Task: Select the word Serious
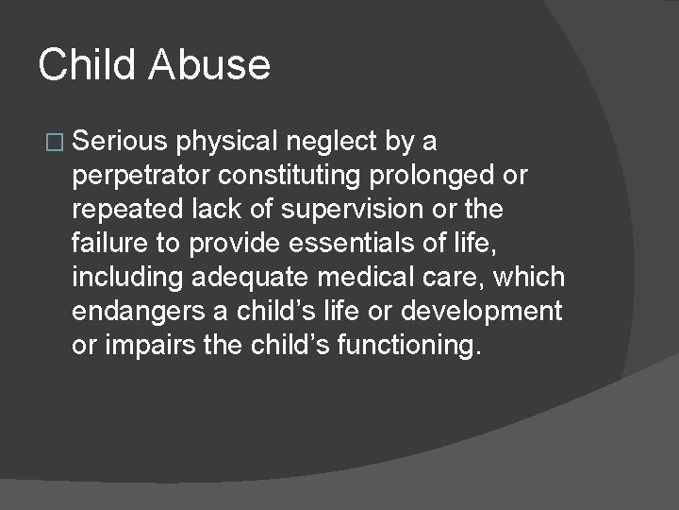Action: pos(119,142)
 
